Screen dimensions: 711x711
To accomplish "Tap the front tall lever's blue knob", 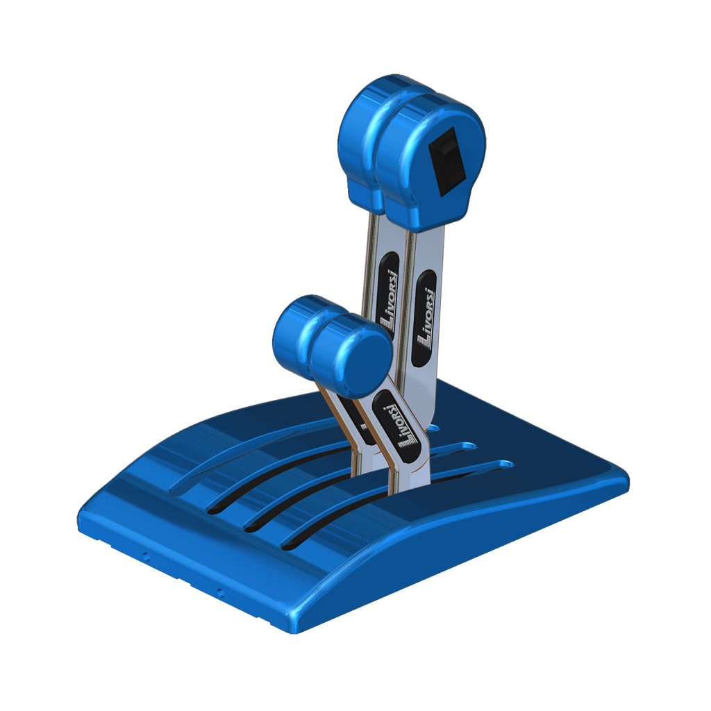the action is tap(430, 161).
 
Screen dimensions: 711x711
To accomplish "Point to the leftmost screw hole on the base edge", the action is tap(146, 556).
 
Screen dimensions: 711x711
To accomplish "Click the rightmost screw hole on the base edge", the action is tap(220, 592).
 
